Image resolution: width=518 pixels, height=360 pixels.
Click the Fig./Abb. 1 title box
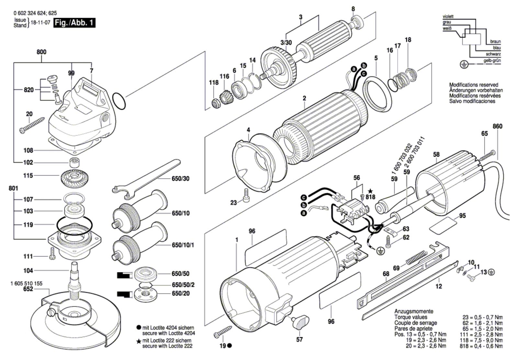74,23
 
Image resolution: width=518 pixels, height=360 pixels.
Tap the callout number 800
41,52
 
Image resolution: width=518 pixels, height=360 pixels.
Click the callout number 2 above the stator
304,98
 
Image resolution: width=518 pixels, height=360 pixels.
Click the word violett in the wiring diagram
448,17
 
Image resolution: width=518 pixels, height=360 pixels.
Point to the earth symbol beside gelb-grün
464,64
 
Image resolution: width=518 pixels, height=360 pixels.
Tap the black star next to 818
370,191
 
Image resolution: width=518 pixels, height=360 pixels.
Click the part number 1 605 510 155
27,284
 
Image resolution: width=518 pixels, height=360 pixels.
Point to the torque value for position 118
481,340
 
